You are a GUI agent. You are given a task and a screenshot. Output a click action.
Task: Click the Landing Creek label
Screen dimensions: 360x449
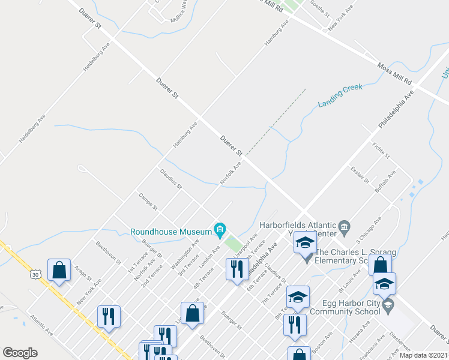click(x=340, y=95)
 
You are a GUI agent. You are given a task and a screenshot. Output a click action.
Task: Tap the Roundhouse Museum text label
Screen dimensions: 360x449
click(x=170, y=230)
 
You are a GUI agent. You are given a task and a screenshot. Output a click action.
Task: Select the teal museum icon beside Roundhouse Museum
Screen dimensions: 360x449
click(x=220, y=230)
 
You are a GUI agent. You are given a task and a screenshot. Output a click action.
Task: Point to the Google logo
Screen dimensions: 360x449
click(x=20, y=353)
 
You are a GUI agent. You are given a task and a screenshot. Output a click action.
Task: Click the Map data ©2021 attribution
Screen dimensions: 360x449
click(x=423, y=355)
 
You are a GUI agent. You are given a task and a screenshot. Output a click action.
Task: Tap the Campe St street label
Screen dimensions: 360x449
click(x=148, y=202)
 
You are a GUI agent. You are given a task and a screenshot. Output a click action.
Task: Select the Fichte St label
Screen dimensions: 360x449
click(x=381, y=151)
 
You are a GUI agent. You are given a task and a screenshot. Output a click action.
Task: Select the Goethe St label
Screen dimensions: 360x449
click(x=317, y=7)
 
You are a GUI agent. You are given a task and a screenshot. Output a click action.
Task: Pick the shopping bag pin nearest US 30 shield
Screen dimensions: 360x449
click(x=59, y=271)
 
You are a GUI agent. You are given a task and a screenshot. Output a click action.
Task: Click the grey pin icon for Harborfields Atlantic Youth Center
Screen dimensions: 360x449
click(x=344, y=226)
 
